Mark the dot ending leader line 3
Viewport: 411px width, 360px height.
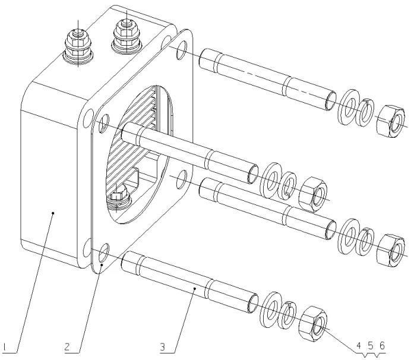[x=196, y=289]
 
